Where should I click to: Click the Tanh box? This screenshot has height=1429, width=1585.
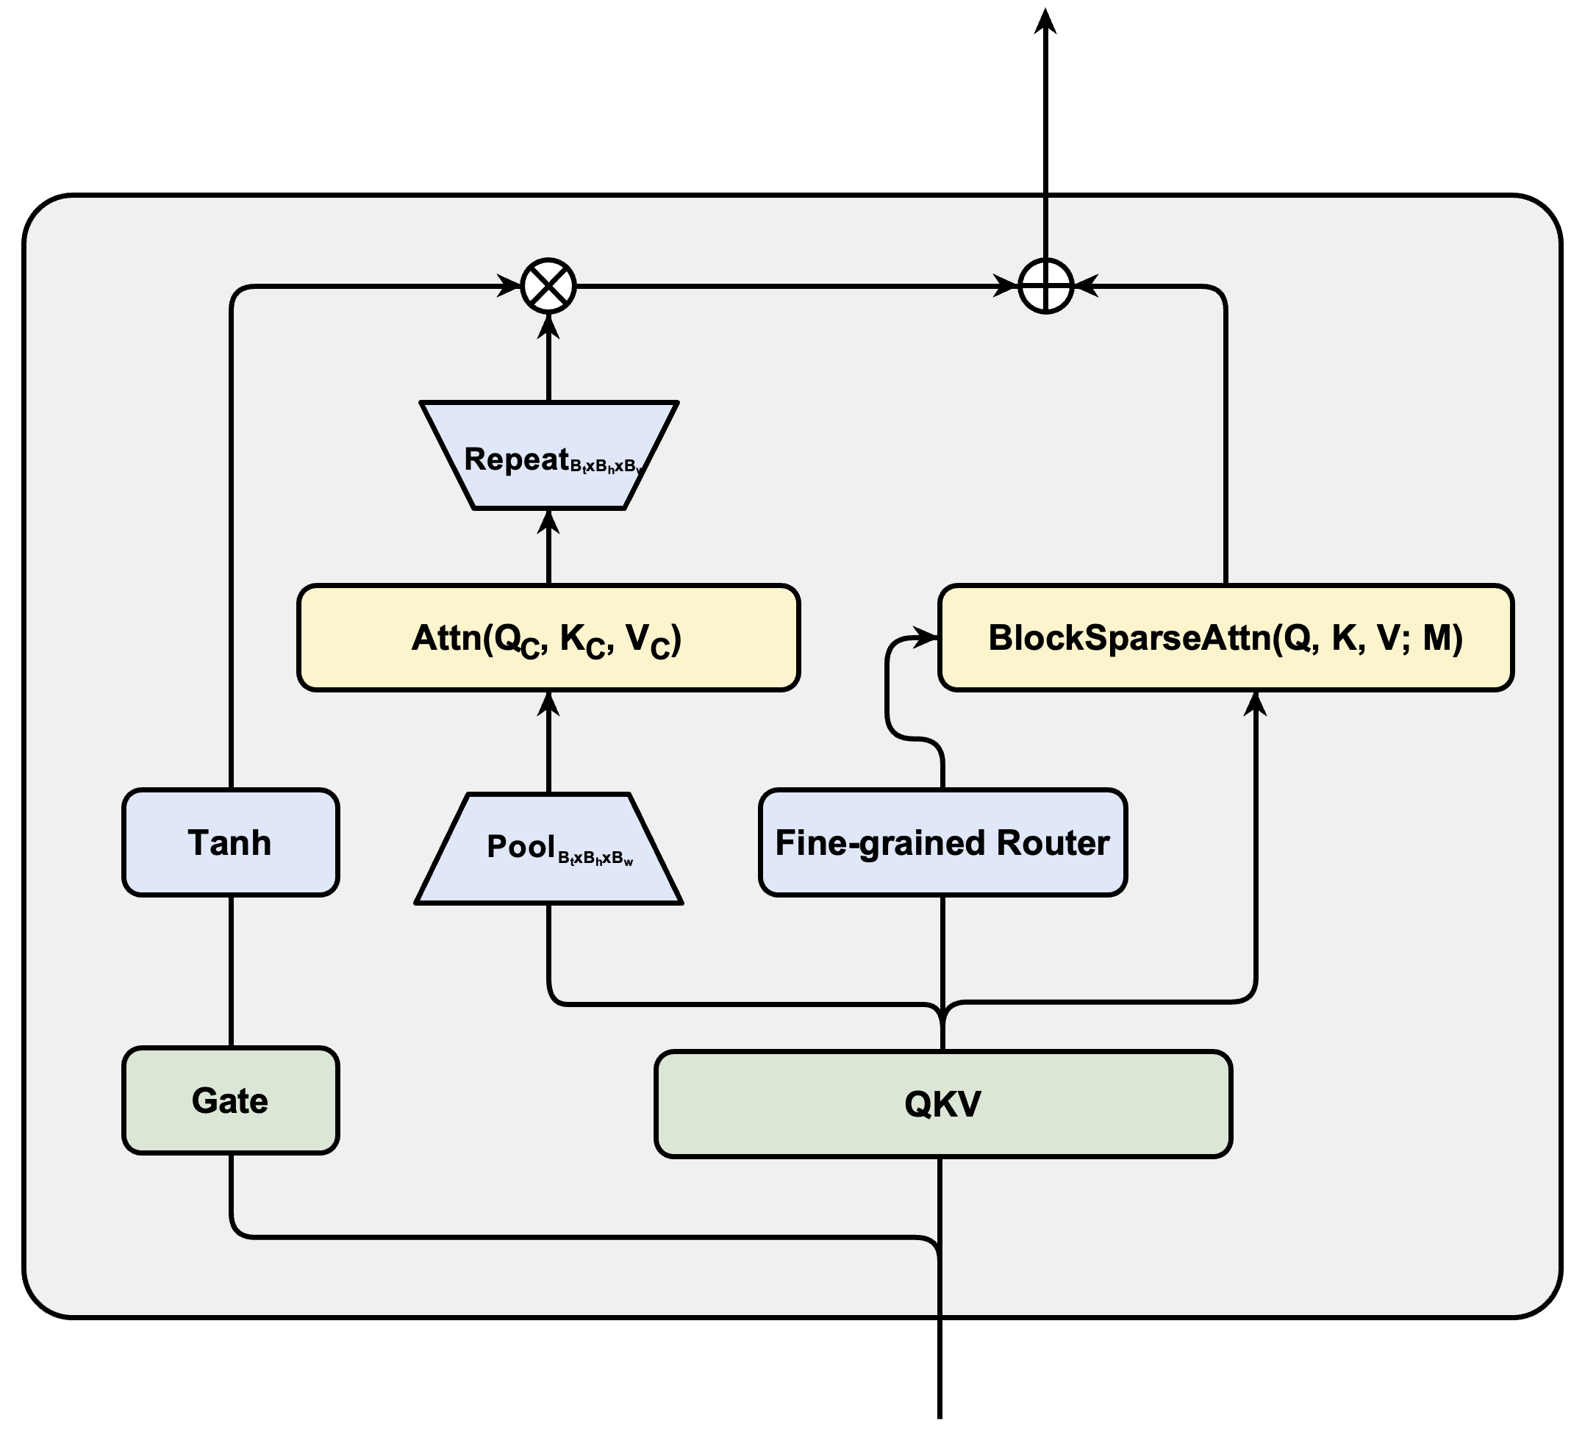coord(230,842)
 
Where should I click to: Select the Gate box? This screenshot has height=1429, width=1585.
coord(230,1100)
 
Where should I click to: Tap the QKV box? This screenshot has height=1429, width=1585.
coord(942,1104)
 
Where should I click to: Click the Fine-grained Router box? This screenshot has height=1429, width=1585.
coord(942,842)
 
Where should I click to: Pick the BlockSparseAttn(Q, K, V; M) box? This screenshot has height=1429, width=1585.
coord(1226,637)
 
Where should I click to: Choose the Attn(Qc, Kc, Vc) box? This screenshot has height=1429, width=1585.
coord(548,637)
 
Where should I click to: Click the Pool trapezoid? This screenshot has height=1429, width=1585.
coord(548,848)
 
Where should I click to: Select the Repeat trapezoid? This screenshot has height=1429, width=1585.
coord(548,456)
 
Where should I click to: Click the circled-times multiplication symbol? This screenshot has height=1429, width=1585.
coord(548,286)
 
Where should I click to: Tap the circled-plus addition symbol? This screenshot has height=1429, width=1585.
coord(1045,286)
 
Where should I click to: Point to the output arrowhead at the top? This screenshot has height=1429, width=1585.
coord(1045,21)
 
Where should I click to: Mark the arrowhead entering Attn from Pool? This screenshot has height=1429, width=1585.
coord(548,703)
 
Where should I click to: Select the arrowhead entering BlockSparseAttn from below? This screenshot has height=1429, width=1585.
coord(1256,703)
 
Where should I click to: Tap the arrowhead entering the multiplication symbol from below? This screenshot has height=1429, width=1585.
coord(548,326)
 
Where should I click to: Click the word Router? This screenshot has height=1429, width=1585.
coord(1053,842)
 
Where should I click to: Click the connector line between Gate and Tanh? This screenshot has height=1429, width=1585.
coord(231,971)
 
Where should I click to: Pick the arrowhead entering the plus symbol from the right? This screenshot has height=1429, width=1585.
coord(1087,286)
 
